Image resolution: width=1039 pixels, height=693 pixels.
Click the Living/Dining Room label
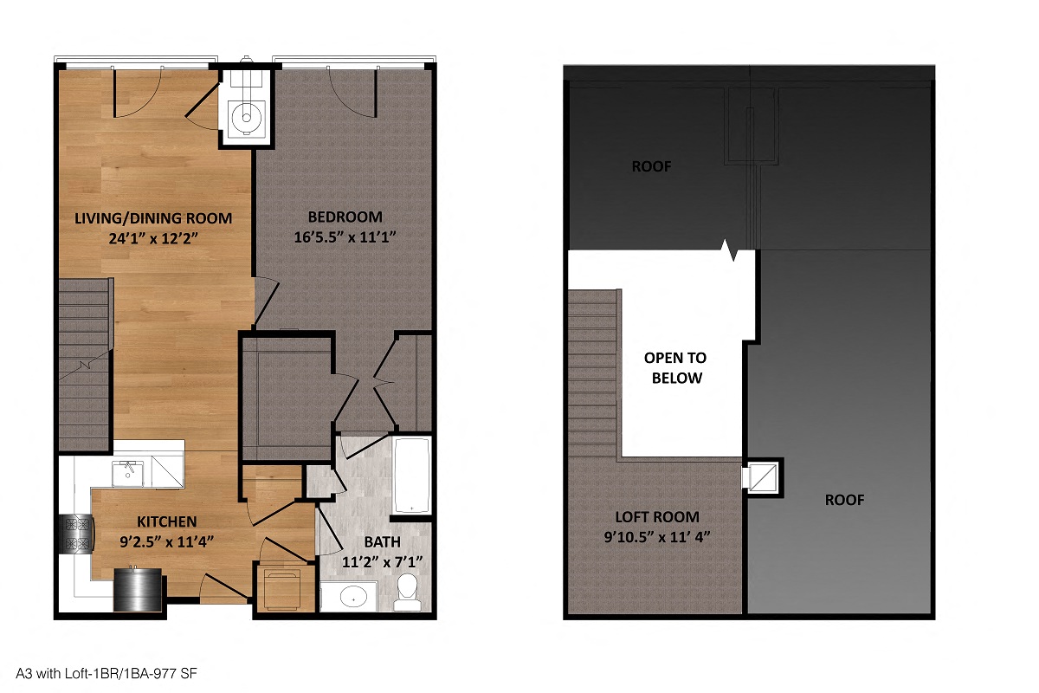[153, 217]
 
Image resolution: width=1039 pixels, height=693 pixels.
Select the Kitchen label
[167, 521]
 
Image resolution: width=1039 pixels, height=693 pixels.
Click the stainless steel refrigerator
[139, 590]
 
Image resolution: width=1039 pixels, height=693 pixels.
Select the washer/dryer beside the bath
[281, 589]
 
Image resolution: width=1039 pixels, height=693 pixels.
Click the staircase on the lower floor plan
[85, 364]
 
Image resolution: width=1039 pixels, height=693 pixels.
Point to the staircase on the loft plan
[594, 372]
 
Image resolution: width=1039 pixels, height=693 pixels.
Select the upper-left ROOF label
[651, 166]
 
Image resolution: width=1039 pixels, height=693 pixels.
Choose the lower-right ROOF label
[843, 500]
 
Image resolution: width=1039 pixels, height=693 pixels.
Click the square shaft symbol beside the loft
[762, 476]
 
